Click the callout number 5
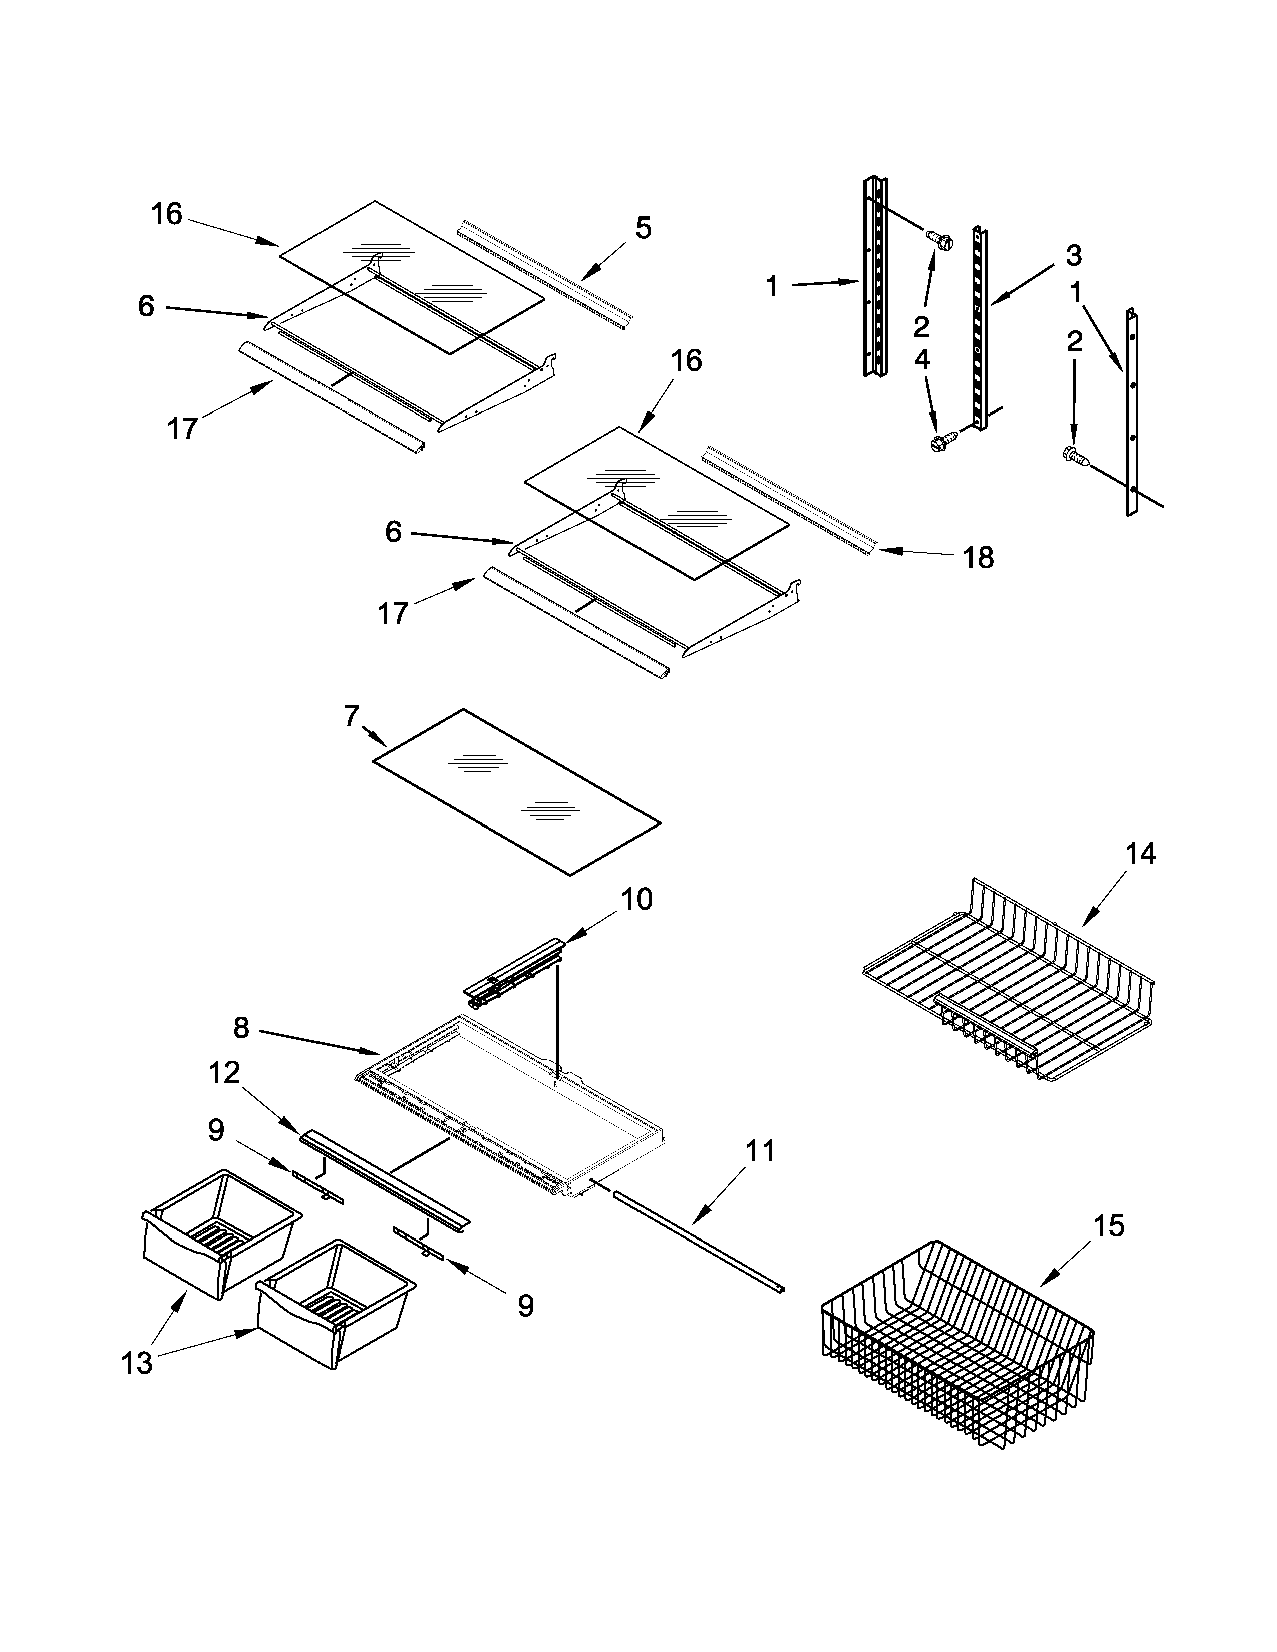point(643,228)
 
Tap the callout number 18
point(978,558)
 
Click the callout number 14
point(1141,853)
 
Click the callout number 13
point(137,1363)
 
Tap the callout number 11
point(760,1151)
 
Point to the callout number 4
point(921,359)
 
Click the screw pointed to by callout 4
point(942,441)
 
